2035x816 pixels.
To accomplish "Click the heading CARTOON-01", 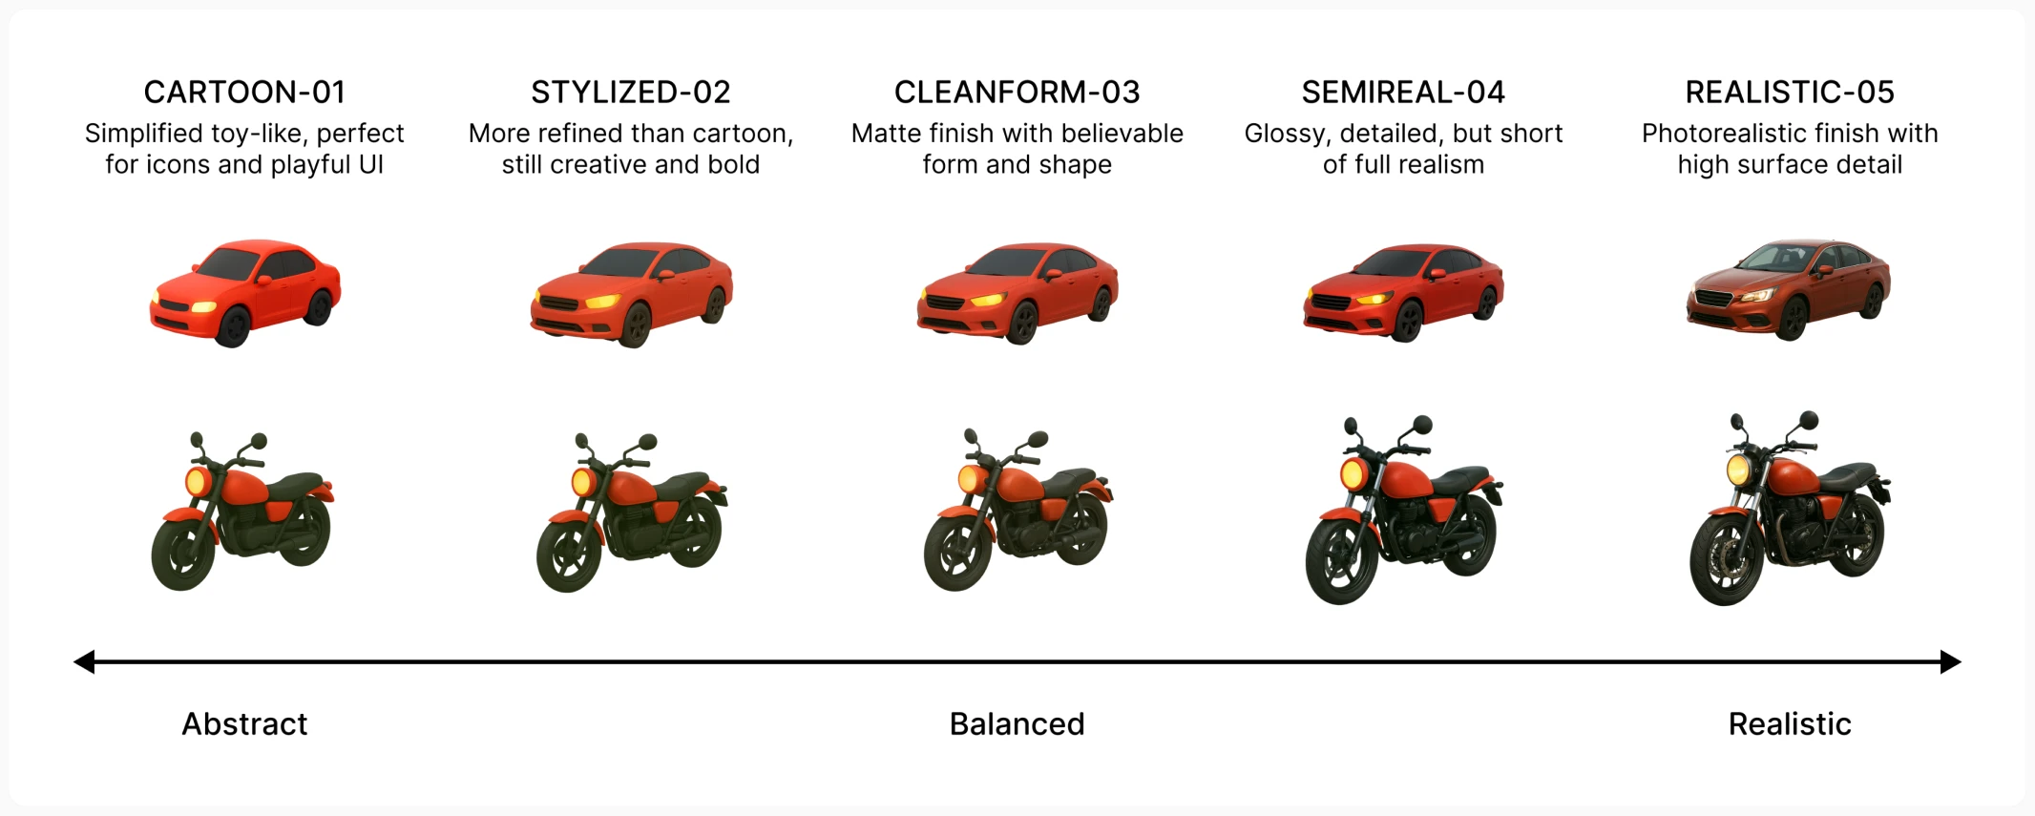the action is coord(244,92).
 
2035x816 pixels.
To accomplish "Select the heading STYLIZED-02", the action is coord(631,92).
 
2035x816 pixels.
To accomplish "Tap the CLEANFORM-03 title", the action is coord(1017,92).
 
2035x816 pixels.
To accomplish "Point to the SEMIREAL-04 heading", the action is coord(1403,92).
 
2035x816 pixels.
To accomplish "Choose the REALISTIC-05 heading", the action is coord(1790,92).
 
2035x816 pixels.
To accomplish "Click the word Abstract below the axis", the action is coord(244,723).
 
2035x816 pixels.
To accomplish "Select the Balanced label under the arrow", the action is coord(1017,723).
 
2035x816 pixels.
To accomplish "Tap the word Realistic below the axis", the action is coord(1790,723).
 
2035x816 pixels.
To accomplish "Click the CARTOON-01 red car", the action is coord(245,292).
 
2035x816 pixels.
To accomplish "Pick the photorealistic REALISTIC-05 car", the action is coord(1789,288).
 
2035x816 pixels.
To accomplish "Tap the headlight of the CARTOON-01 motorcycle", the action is coord(198,481).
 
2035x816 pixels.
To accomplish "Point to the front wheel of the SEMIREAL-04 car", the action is coord(1407,322).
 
